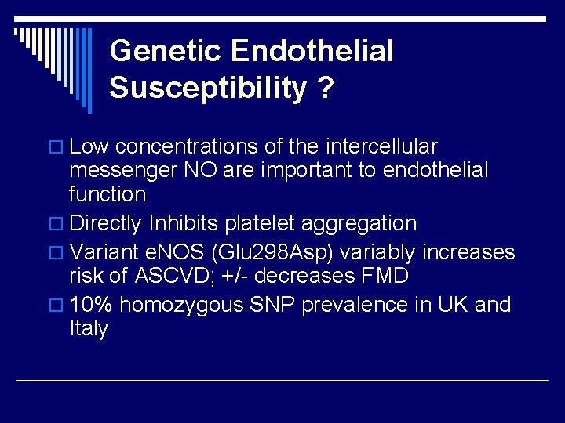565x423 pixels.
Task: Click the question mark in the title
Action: pos(325,88)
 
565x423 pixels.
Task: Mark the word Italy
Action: pos(88,329)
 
